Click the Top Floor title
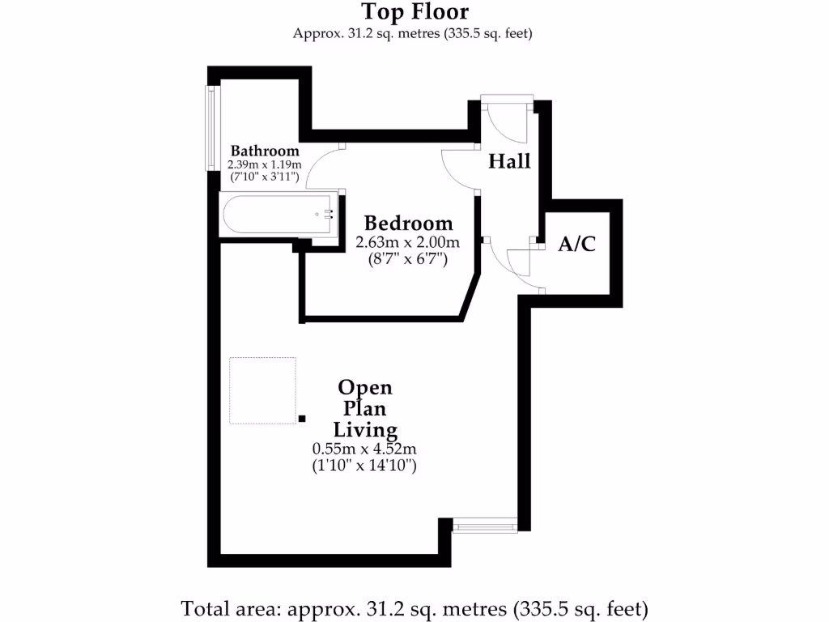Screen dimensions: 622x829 tap(414, 12)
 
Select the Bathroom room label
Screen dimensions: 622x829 tap(265, 151)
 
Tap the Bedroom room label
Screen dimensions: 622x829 tap(408, 224)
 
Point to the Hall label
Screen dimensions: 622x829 tap(509, 161)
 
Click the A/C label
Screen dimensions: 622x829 tap(577, 244)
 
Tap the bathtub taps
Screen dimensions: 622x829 tap(328, 215)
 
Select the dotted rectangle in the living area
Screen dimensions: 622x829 tap(262, 390)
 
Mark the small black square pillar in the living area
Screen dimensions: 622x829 tap(302, 418)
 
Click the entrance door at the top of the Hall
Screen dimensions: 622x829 tap(507, 100)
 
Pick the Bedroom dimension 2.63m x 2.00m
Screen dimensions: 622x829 tap(408, 242)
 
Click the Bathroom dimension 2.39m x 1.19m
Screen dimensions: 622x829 tap(265, 164)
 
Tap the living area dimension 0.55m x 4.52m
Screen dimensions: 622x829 tap(364, 449)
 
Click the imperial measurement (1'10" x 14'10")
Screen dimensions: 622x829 tap(364, 466)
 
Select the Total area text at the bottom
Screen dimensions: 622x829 tap(414, 607)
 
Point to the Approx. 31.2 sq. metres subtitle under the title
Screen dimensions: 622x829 tap(414, 33)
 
